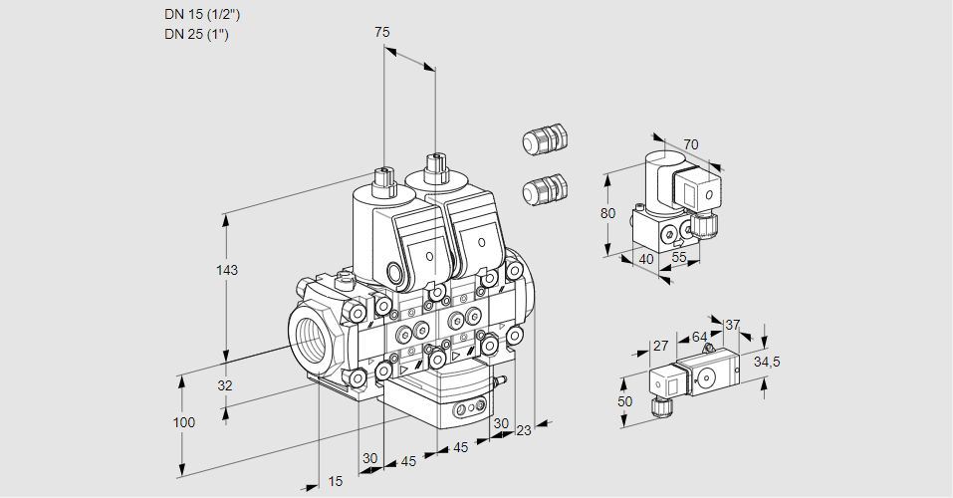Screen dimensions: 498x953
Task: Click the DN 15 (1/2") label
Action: [x=202, y=15]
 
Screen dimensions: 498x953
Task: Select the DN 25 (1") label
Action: [x=197, y=35]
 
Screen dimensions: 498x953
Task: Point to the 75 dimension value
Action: [x=381, y=33]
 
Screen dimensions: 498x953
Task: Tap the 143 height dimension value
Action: [x=228, y=271]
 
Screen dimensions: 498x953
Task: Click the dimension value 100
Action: [x=183, y=422]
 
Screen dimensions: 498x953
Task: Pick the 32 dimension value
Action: [x=224, y=386]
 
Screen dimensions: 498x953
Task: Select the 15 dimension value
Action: [x=336, y=481]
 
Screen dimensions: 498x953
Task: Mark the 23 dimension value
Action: [x=524, y=430]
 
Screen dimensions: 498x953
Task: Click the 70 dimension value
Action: [x=691, y=144]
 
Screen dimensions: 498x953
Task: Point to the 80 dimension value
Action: [x=608, y=213]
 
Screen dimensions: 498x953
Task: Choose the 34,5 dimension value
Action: [x=767, y=362]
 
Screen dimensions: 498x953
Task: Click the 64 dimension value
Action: [x=699, y=338]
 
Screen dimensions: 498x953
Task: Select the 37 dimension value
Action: [x=733, y=325]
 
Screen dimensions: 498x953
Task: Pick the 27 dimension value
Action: [x=659, y=346]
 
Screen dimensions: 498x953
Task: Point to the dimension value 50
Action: [x=624, y=400]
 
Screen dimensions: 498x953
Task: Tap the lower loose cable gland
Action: [x=544, y=188]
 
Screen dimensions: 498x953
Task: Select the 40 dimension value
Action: [x=644, y=258]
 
